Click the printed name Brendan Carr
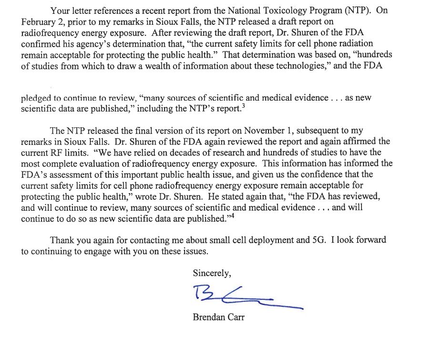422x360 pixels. point(218,317)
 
